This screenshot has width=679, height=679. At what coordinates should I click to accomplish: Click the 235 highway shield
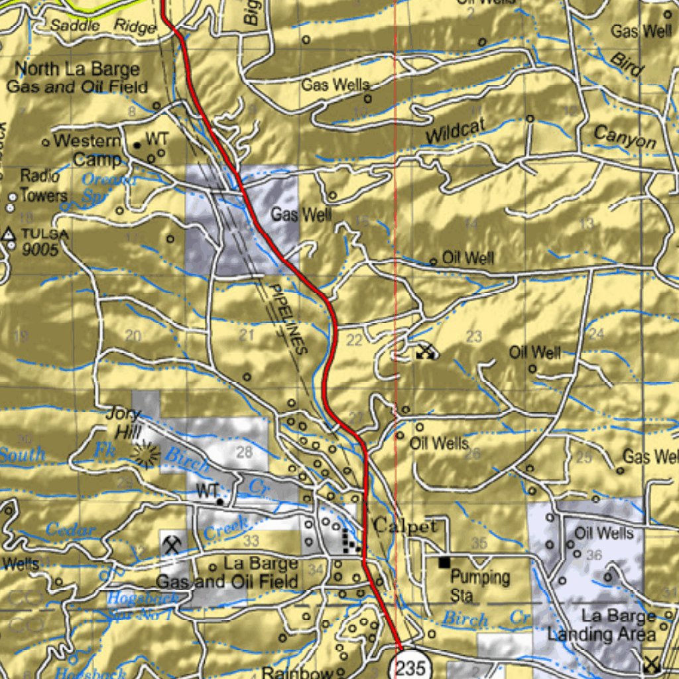[x=410, y=668]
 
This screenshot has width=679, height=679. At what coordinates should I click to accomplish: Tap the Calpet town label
[x=405, y=526]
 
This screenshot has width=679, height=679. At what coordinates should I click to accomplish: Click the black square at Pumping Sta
[x=444, y=562]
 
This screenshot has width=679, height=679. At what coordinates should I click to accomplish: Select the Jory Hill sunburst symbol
[x=145, y=455]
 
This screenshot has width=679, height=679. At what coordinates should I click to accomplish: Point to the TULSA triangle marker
[x=9, y=234]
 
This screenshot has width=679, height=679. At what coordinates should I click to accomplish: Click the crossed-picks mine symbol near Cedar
[x=172, y=544]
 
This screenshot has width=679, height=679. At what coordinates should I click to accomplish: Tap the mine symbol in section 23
[x=425, y=352]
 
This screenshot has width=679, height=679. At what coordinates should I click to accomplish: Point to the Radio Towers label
[x=42, y=186]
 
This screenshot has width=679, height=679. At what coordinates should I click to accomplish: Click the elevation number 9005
[x=40, y=250]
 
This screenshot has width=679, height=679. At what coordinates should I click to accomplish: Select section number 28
[x=245, y=452]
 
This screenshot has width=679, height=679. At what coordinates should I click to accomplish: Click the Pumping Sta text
[x=480, y=586]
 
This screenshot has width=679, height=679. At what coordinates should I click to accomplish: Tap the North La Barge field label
[x=73, y=78]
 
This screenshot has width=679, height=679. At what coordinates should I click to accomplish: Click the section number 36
[x=594, y=554]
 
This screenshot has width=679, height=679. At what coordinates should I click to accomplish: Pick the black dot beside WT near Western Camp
[x=137, y=145]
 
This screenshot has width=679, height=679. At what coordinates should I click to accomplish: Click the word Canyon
[x=625, y=137]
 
